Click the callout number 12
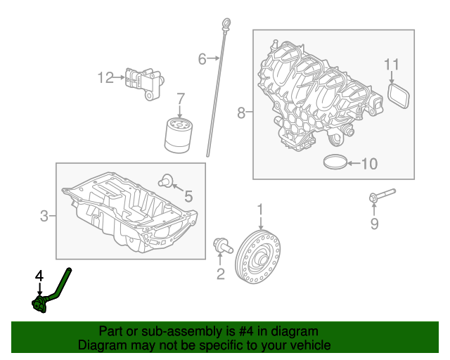click(x=105, y=78)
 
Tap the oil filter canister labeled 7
click(x=179, y=135)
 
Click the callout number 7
click(x=180, y=98)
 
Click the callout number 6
click(x=202, y=59)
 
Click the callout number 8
click(x=241, y=112)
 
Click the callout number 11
click(x=392, y=65)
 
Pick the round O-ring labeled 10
click(x=336, y=163)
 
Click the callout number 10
click(x=368, y=165)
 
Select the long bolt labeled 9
click(x=380, y=195)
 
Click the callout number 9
click(x=374, y=224)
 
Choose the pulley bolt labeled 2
click(x=221, y=246)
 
